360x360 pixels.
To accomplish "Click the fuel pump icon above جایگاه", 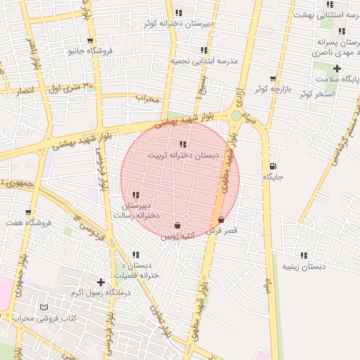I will click(x=273, y=166).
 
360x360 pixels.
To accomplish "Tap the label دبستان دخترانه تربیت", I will click(x=183, y=155).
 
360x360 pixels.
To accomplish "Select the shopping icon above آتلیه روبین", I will click(x=176, y=226).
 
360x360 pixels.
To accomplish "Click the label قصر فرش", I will click(x=222, y=231).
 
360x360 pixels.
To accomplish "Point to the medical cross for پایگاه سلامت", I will click(x=337, y=68).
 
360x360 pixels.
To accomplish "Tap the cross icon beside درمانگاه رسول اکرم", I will click(x=101, y=282).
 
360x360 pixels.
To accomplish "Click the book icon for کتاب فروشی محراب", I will click(x=44, y=308).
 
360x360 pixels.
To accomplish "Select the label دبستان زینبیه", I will click(x=304, y=267).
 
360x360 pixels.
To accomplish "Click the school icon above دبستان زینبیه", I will click(x=304, y=256).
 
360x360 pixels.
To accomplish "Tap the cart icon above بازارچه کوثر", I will click(x=273, y=78).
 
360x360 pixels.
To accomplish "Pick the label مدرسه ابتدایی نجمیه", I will click(x=204, y=61).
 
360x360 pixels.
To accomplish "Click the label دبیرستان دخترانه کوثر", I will click(x=179, y=24).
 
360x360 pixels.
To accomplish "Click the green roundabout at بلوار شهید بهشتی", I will click(x=236, y=115).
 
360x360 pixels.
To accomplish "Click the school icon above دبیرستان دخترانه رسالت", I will click(x=136, y=195).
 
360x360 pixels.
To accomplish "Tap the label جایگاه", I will click(x=273, y=177).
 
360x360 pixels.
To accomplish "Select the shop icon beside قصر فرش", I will click(x=222, y=220).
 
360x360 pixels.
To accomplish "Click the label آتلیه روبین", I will click(x=176, y=237).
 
